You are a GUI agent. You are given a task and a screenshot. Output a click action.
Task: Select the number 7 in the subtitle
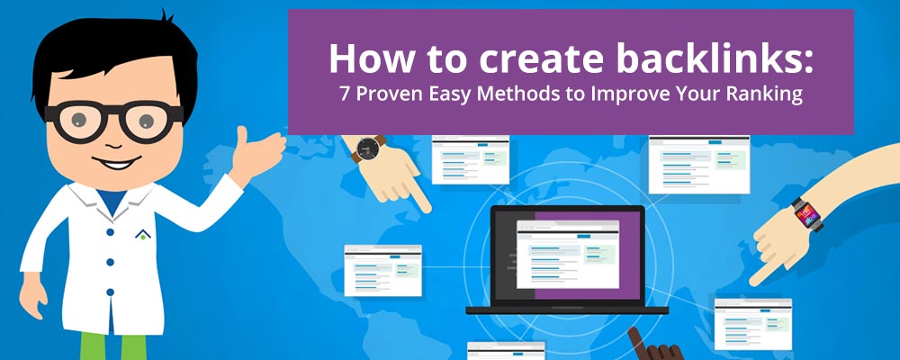click(x=345, y=94)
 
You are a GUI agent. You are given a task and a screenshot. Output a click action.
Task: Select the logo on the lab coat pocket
click(x=143, y=234)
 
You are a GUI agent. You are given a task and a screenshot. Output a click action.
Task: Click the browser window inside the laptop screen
click(x=568, y=255)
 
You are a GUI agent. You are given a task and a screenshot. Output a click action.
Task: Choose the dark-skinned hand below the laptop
click(x=654, y=346)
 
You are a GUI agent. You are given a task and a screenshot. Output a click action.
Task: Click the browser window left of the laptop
click(x=382, y=270)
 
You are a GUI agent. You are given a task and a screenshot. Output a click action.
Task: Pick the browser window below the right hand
click(x=753, y=324)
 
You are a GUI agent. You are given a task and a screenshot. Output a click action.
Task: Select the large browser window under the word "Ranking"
click(x=699, y=165)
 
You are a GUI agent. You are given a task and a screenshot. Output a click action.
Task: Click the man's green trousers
click(x=113, y=346)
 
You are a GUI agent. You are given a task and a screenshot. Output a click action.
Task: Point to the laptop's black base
click(x=567, y=310)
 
